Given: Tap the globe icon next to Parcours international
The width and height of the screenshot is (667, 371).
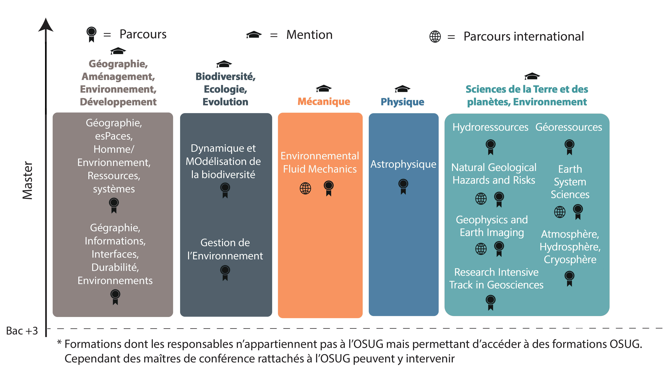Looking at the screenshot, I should click(x=435, y=36).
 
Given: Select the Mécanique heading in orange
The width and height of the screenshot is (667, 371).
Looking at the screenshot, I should click(x=324, y=102).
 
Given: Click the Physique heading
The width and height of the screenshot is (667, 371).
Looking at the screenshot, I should click(x=402, y=102).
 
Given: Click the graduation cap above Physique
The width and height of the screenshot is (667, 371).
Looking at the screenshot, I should click(x=402, y=89).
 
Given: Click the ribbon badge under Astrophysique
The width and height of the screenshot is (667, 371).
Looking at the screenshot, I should click(x=403, y=186).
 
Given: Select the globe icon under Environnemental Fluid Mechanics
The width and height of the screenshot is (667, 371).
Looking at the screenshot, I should click(x=305, y=188).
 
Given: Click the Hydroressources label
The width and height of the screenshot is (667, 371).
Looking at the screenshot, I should click(x=490, y=127).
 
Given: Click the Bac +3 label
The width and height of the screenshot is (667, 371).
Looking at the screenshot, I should click(x=22, y=331).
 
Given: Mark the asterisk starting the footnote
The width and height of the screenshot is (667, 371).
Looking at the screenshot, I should click(x=59, y=342).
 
